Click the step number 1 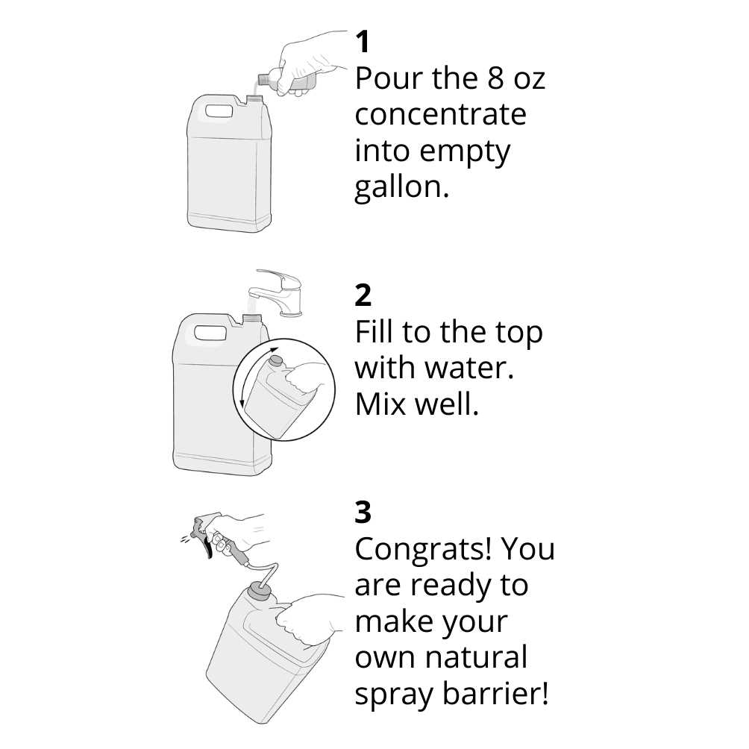pyautogui.click(x=363, y=42)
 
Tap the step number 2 pyautogui.click(x=363, y=295)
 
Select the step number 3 pyautogui.click(x=363, y=512)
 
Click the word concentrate pyautogui.click(x=440, y=115)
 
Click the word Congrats pyautogui.click(x=423, y=549)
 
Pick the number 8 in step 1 pyautogui.click(x=496, y=78)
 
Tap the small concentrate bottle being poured pyautogui.click(x=285, y=81)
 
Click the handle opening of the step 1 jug pyautogui.click(x=219, y=112)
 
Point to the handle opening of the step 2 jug pyautogui.click(x=210, y=333)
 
